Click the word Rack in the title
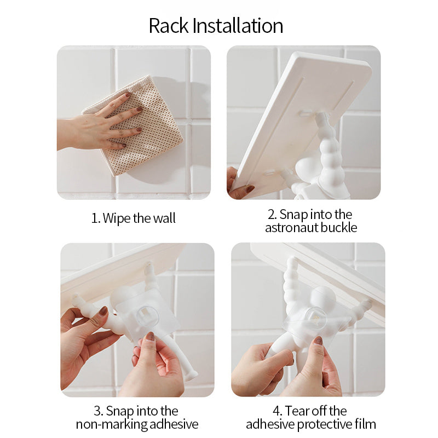169,26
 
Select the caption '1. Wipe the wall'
134,218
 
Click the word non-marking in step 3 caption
112,424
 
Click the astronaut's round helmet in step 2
307,169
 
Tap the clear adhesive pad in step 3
147,315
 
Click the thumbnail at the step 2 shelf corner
250,189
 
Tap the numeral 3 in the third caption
97,412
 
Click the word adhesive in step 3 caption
174,424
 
